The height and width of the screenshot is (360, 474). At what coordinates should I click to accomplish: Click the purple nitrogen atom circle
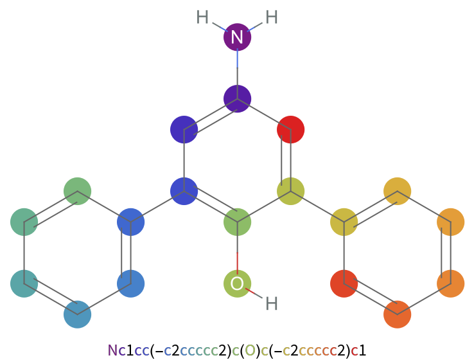(237, 37)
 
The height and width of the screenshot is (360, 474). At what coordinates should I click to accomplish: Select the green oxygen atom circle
(237, 283)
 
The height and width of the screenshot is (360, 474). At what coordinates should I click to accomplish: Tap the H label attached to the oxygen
(272, 303)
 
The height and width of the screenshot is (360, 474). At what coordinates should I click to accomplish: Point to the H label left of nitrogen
(202, 17)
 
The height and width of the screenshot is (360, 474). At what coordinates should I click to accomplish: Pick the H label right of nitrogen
(272, 17)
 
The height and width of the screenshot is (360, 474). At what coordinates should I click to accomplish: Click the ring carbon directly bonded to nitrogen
(237, 99)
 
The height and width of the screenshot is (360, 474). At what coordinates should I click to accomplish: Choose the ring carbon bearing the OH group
(237, 222)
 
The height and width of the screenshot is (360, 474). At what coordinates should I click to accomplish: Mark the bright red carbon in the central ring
(290, 129)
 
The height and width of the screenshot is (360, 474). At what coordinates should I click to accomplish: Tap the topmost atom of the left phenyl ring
(77, 191)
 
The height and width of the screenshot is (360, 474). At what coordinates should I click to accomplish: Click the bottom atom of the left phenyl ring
(77, 314)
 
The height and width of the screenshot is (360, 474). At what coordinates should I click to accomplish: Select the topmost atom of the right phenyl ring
(397, 191)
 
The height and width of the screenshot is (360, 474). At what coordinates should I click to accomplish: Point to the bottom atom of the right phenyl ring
(397, 314)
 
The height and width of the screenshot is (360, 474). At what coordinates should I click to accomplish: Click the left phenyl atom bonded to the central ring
(130, 222)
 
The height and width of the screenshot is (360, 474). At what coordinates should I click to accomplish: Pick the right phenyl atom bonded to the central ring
(344, 222)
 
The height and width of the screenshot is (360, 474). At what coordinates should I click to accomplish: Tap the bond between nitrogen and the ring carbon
(237, 68)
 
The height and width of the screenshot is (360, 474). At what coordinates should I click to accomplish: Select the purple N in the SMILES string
(112, 350)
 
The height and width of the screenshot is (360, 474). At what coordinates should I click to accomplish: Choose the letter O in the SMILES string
(250, 350)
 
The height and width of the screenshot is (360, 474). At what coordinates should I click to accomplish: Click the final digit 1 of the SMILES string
(362, 350)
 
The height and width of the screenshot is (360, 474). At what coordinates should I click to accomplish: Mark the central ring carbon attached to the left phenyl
(184, 191)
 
